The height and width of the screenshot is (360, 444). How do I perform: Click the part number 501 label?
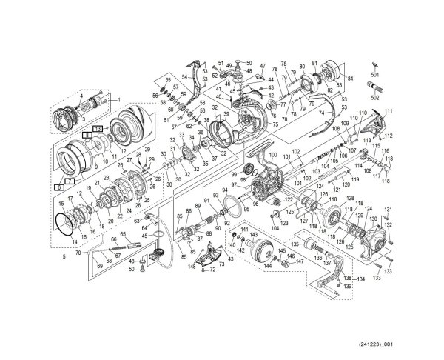tap(374, 76)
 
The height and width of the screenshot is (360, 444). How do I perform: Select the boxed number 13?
tap(98, 130)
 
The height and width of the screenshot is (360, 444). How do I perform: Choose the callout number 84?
tap(351, 78)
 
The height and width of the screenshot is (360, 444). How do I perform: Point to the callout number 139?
tap(347, 286)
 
